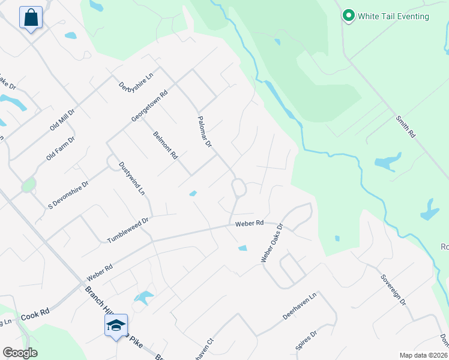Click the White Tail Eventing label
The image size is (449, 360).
click(393, 16)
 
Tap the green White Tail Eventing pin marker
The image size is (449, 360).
click(348, 16)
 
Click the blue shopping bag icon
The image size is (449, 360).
click(31, 17)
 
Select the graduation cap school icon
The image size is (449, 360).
click(115, 325)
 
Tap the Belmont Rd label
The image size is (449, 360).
click(166, 145)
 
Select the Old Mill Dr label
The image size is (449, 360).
click(62, 120)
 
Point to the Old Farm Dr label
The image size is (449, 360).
click(60, 148)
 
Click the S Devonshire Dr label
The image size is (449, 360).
click(68, 192)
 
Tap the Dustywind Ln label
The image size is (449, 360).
click(132, 178)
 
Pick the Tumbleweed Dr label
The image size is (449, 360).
click(127, 230)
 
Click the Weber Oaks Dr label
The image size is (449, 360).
click(271, 244)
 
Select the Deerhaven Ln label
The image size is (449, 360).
click(299, 307)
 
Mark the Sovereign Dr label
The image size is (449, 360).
click(393, 289)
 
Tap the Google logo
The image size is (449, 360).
click(20, 352)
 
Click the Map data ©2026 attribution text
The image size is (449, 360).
click(423, 355)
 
